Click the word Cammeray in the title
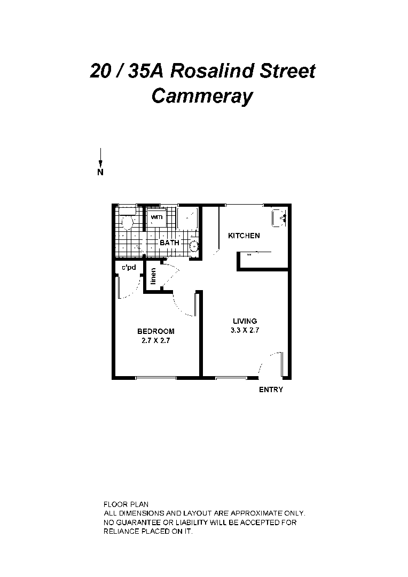202,96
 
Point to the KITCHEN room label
244,236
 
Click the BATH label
170,243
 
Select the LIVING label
245,321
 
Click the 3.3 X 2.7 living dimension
245,330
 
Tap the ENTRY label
271,390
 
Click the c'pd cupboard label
128,267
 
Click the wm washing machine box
156,217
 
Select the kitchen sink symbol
280,217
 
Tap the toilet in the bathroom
127,220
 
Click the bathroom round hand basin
194,246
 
